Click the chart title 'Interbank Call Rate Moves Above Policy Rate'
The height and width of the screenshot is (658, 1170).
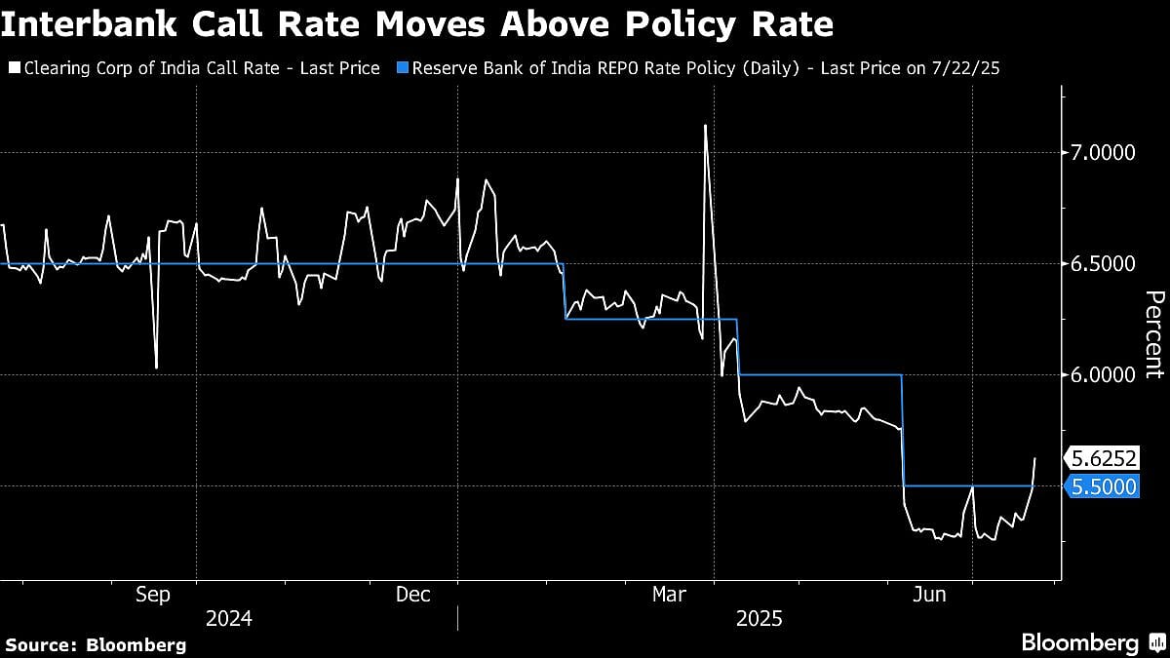tap(417, 23)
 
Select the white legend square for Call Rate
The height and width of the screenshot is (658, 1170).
tap(14, 69)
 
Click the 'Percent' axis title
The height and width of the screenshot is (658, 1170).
tap(1153, 334)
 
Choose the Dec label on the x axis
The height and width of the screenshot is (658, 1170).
tap(413, 594)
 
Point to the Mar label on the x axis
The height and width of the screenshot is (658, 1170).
tap(671, 594)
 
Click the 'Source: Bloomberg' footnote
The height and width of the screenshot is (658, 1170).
tap(96, 644)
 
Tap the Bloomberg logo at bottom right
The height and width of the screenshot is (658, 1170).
tap(1092, 642)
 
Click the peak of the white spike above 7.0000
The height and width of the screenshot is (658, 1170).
tap(705, 125)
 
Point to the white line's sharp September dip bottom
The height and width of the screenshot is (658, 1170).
tap(157, 368)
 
